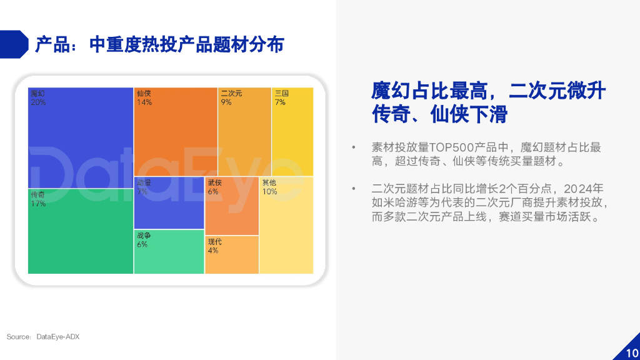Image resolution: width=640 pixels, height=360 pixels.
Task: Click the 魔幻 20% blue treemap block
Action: (80, 137)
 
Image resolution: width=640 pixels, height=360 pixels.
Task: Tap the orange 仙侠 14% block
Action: (175, 131)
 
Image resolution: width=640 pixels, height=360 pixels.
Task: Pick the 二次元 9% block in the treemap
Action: (244, 131)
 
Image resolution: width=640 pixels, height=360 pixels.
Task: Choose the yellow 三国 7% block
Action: (292, 131)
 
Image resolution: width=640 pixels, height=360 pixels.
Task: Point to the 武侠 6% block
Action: (231, 206)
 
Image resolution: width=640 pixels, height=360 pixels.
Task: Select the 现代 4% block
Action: (231, 254)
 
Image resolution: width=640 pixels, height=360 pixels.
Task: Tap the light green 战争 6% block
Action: (169, 251)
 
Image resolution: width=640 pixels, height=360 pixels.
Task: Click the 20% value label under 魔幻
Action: (38, 102)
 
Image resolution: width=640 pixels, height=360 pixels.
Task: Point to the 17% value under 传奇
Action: (38, 204)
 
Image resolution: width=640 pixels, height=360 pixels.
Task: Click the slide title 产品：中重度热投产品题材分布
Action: (159, 44)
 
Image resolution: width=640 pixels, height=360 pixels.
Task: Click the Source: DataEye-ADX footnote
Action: (43, 337)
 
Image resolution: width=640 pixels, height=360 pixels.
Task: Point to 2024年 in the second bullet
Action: (586, 188)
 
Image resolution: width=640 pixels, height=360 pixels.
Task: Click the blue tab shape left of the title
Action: (14, 44)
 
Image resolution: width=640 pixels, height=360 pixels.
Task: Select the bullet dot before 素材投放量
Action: (354, 148)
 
